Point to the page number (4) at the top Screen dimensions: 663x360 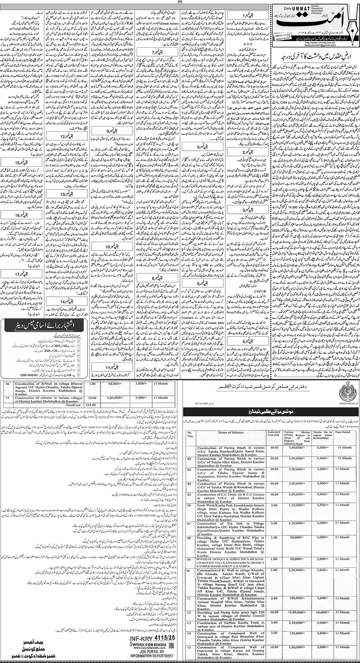point(180,2)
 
